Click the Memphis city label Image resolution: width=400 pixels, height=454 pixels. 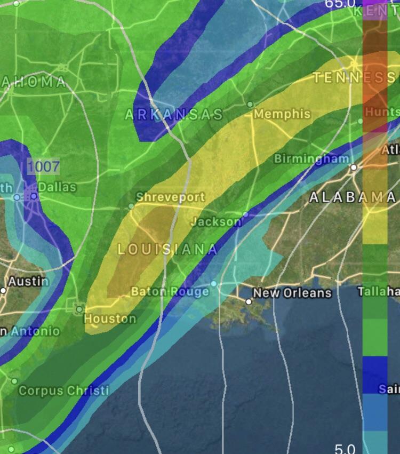pos(282,114)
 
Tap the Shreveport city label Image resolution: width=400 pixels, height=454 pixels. pos(170,197)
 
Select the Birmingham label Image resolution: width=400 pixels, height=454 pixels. pos(311,159)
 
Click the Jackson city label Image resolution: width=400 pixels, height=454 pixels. pos(215,221)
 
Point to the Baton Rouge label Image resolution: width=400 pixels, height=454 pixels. pos(170,291)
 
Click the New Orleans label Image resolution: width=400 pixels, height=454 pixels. pos(292,293)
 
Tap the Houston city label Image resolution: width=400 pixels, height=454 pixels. pos(110,318)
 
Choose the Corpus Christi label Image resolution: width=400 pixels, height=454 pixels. pos(63,391)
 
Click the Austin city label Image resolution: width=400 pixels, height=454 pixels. pos(28,281)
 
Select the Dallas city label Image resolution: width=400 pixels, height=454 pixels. pos(57,187)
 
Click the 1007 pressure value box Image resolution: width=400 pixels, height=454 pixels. pos(43,166)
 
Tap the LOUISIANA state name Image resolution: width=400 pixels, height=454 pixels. pos(167,249)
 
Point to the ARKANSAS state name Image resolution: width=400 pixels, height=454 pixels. pos(174,114)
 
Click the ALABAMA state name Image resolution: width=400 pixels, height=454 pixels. pos(353,196)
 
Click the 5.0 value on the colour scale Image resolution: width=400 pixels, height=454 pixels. pos(345,448)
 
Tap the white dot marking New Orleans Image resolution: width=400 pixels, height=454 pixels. pos(249,301)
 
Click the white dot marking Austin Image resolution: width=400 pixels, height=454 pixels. pos(3,290)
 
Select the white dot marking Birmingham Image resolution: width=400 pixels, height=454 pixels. pos(353,167)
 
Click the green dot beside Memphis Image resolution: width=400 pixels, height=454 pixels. pos(250,104)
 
